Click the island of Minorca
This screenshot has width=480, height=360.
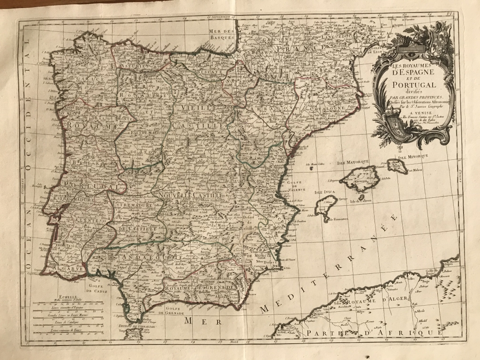(x=397, y=165)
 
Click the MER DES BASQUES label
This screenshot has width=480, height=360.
(x=221, y=34)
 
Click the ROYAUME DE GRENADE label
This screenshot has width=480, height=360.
(x=199, y=287)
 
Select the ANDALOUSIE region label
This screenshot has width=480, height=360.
(x=140, y=258)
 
